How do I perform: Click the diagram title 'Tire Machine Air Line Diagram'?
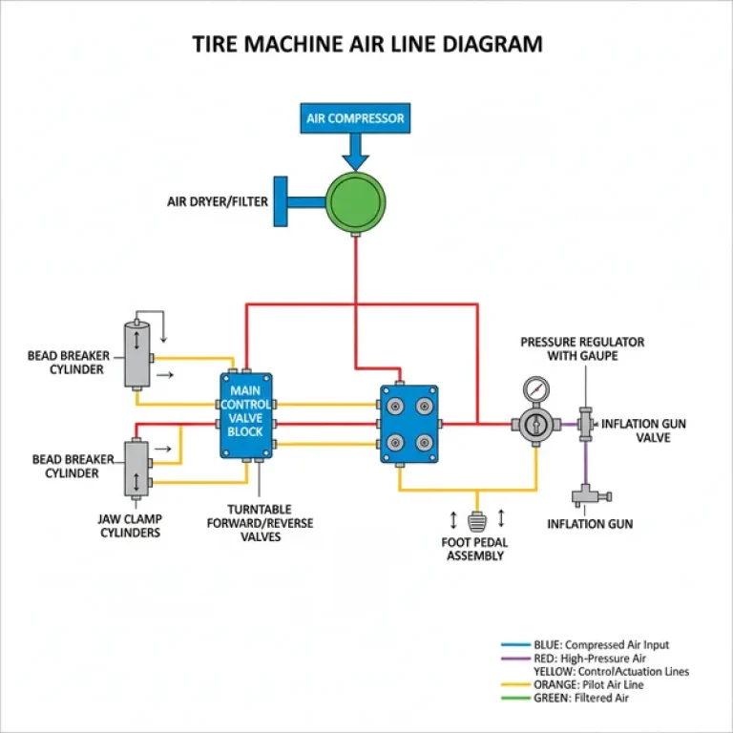tap(366, 44)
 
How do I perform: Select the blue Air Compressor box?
tap(355, 119)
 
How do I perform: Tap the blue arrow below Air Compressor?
tap(355, 150)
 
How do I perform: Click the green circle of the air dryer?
tap(356, 200)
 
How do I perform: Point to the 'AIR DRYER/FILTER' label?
tap(217, 201)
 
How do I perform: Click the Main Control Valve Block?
tap(245, 415)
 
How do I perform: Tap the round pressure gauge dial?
tap(535, 390)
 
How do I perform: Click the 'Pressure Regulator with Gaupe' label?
tap(582, 348)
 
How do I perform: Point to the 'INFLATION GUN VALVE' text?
tap(643, 430)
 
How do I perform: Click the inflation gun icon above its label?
tap(582, 495)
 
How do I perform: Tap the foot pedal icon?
tap(478, 521)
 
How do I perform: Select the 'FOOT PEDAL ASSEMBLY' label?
tap(474, 549)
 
